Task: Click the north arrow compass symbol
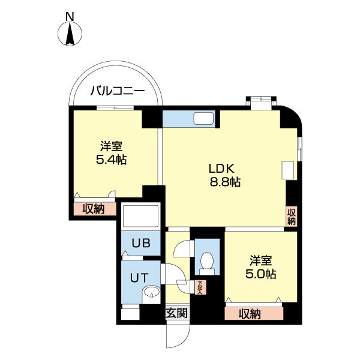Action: coord(70,34)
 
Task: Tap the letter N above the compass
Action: coord(70,17)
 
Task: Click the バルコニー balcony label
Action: coord(118,91)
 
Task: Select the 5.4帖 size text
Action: coord(112,160)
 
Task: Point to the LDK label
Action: coord(221,169)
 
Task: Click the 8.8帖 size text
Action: coord(225,182)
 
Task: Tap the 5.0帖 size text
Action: coord(261,274)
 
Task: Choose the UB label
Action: coord(141,243)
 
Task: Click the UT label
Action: coord(139,278)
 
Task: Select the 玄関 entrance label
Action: coord(177,313)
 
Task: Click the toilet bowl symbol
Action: coord(207,263)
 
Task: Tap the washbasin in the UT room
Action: coord(151,294)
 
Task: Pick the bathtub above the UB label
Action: coord(141,217)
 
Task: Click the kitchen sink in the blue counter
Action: coord(203,119)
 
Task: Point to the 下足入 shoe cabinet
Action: coord(200,287)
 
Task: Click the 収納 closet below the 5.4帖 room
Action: coord(95,209)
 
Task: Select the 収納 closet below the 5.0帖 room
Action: coord(254,313)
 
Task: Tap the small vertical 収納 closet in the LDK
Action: coord(292,217)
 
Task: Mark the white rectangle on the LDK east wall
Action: coord(288,170)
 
